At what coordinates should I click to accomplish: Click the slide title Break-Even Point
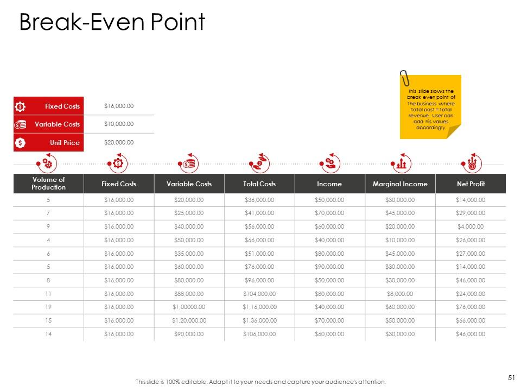(112, 23)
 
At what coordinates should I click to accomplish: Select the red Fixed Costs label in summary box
(62, 106)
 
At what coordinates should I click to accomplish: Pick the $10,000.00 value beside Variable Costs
(118, 124)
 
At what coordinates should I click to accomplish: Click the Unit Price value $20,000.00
(118, 143)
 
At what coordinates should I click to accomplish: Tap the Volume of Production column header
(49, 184)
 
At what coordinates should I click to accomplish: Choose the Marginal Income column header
(400, 184)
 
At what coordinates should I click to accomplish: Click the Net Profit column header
(471, 184)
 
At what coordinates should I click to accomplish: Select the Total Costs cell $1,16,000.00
(259, 307)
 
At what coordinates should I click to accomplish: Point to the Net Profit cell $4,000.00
(471, 227)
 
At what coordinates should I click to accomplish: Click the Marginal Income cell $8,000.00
(400, 294)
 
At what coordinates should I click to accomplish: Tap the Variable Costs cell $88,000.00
(189, 294)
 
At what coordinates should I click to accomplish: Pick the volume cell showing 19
(49, 307)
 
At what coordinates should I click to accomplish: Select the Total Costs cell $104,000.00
(259, 294)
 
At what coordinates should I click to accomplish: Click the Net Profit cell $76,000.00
(471, 307)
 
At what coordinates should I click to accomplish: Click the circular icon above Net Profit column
(471, 163)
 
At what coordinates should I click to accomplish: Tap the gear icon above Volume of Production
(47, 163)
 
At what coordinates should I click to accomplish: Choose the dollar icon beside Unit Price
(20, 143)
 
